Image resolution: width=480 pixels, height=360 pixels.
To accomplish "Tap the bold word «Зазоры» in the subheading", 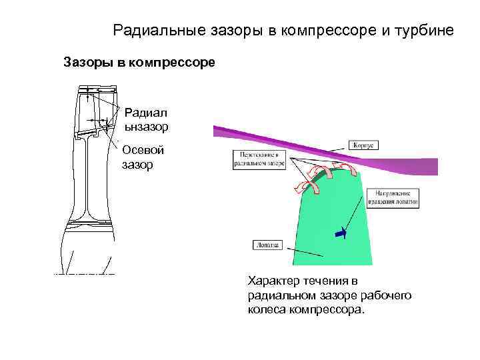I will pos(85,63).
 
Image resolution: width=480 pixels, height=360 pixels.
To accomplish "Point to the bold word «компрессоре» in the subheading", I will pos(177,63).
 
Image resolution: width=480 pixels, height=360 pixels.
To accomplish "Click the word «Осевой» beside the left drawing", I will pos(142,150).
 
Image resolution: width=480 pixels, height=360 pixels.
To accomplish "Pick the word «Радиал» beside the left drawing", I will pos(143,112).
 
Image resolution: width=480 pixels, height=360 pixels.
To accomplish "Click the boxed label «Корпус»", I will pos(363,144).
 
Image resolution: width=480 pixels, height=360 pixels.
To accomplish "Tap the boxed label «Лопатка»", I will pos(266,245).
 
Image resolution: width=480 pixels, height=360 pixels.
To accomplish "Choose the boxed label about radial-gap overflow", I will pos(258,158).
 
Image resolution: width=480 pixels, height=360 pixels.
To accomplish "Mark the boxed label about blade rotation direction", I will pos(393,198).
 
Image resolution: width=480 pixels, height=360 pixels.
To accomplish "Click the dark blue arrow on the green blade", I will pos(341,233).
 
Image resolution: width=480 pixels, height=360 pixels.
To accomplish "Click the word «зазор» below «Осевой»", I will pos(137,163).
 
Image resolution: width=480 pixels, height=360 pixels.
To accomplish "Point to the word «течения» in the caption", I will pos(324,281).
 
